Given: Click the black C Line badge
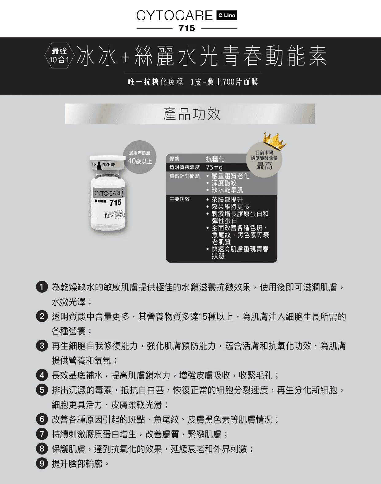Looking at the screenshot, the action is pyautogui.click(x=227, y=16).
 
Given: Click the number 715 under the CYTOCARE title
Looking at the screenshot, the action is pyautogui.click(x=187, y=28).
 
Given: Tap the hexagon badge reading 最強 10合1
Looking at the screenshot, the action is pyautogui.click(x=59, y=55).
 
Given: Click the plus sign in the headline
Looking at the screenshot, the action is pyautogui.click(x=125, y=57).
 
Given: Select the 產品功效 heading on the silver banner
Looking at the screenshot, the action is pyautogui.click(x=192, y=114).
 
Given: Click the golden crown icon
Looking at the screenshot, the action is pyautogui.click(x=275, y=141).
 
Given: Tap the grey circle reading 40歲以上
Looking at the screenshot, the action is pyautogui.click(x=140, y=157).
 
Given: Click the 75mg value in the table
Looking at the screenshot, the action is pyautogui.click(x=214, y=167).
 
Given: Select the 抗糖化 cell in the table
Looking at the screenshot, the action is pyautogui.click(x=215, y=159).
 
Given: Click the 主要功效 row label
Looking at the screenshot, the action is pyautogui.click(x=180, y=199).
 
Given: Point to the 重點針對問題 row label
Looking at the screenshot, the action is pyautogui.click(x=185, y=176).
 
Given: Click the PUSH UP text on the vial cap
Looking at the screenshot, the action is pyautogui.click(x=108, y=165).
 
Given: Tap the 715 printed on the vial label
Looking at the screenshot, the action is pyautogui.click(x=115, y=203).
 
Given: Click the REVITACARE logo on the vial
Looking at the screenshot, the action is pyautogui.click(x=115, y=215).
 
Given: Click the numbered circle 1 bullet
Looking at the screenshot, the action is pyautogui.click(x=42, y=287).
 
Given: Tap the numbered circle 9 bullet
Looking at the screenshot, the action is pyautogui.click(x=42, y=463).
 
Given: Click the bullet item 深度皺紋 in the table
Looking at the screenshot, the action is pyautogui.click(x=224, y=183).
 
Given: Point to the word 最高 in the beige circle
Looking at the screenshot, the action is pyautogui.click(x=264, y=166).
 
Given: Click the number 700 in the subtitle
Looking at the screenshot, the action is pyautogui.click(x=228, y=82).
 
